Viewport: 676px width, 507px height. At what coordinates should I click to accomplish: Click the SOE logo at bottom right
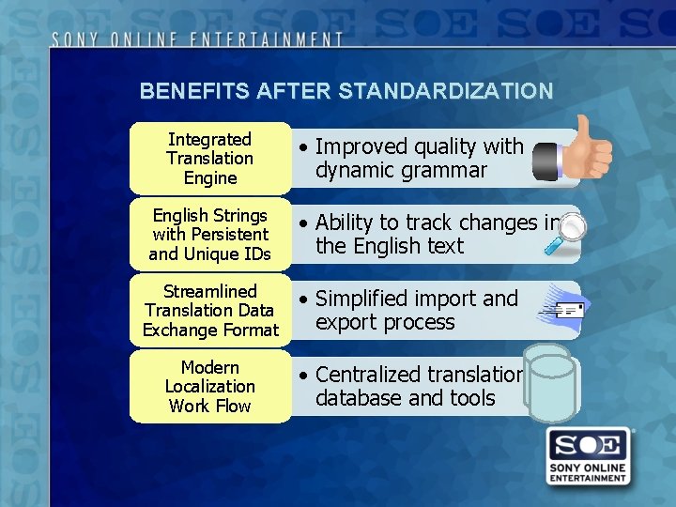[589, 456]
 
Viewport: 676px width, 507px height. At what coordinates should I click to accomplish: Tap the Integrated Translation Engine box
[210, 159]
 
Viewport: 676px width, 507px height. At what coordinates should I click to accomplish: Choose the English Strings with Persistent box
[210, 235]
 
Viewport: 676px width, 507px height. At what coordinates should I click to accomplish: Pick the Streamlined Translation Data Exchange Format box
[210, 311]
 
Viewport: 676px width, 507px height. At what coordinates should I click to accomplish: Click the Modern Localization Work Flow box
[210, 387]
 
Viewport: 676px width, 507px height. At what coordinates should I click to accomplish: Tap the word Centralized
[369, 375]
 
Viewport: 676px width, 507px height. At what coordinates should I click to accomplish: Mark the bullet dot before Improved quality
[303, 147]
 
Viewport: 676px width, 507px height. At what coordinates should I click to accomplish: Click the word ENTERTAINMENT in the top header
[271, 39]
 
